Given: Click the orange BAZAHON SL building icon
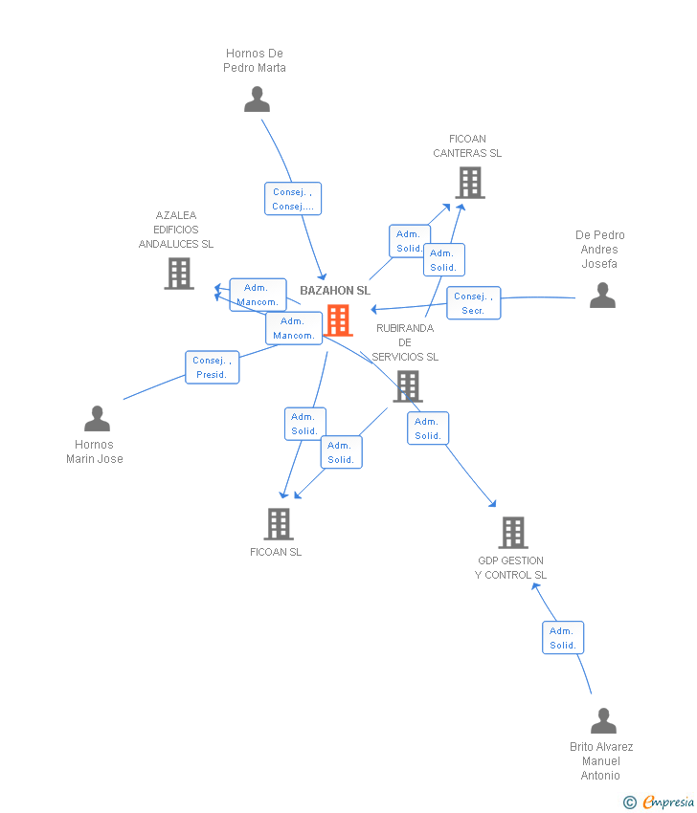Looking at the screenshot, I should (338, 320).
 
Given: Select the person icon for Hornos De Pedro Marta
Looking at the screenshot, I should (257, 99).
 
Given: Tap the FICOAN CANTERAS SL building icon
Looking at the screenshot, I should (469, 183).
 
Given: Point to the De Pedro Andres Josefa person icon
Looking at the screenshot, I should (602, 296).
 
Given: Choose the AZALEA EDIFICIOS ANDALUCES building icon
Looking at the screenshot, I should (179, 274).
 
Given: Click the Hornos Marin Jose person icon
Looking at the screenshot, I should (97, 419).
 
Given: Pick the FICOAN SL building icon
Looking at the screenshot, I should (279, 524).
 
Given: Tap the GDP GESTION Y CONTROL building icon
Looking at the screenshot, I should (513, 533).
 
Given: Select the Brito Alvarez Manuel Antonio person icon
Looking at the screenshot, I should (603, 721).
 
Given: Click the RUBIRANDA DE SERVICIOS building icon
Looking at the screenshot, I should (408, 386).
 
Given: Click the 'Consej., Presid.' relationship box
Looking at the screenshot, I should (212, 367).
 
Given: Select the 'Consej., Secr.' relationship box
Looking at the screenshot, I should (473, 303).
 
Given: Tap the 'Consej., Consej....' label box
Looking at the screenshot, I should (292, 199).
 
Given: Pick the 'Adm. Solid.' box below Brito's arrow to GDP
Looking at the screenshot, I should (562, 638).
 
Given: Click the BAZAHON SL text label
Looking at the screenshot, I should (335, 291).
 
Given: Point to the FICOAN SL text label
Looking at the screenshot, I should (276, 552).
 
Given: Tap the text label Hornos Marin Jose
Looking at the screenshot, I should (95, 451).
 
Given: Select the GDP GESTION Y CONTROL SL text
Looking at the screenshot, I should (510, 568).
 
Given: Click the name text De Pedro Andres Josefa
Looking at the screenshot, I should (600, 250).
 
